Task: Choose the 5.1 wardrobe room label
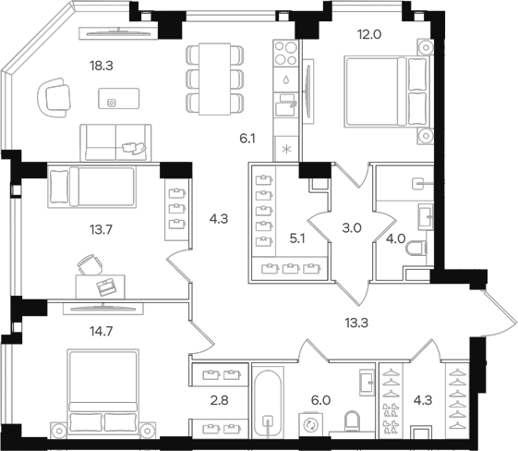tap(298, 236)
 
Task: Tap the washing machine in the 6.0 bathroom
tap(311, 423)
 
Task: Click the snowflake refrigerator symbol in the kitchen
tap(286, 149)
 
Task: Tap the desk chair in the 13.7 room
tap(88, 265)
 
